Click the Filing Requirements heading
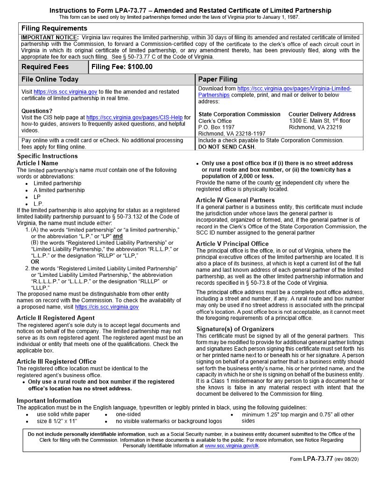coord(54,28)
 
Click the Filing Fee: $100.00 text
coord(122,67)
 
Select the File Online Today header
coord(50,79)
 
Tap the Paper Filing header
coord(218,79)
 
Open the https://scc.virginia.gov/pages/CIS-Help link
coord(134,118)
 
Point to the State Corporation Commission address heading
coord(240,114)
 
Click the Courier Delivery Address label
coord(322,114)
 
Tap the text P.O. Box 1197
coord(217,127)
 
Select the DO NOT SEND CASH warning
coord(226,147)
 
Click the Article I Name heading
coord(37,163)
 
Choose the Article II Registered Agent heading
coord(56,318)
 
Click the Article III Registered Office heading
coord(56,361)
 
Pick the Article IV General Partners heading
coord(235,200)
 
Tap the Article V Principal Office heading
coord(233,244)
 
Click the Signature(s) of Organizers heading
coord(235,329)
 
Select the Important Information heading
coord(49,401)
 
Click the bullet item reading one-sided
coord(128,414)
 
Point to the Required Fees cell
coord(45,67)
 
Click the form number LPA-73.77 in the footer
coord(317,458)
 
